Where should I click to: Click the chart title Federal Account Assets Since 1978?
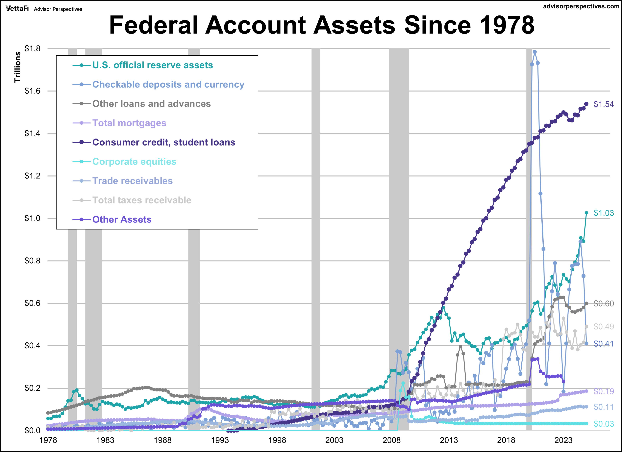coord(322,25)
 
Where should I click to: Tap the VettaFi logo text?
coord(17,9)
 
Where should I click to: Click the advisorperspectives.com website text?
coord(581,6)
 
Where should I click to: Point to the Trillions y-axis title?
coord(17,67)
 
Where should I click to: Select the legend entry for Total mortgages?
coord(129,123)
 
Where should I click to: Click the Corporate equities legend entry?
coord(134,162)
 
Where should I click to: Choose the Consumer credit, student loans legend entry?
coord(163,142)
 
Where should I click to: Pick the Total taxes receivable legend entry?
coord(141,200)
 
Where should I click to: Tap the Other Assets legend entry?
coord(122,220)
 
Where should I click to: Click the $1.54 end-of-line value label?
coord(604,104)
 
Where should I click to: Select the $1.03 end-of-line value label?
coord(604,213)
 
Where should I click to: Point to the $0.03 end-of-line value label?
coord(604,424)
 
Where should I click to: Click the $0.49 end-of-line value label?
coord(604,327)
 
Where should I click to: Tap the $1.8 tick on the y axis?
coord(32,49)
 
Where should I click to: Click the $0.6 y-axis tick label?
coord(32,303)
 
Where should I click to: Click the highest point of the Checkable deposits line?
coord(535,52)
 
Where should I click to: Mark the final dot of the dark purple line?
coord(586,104)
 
